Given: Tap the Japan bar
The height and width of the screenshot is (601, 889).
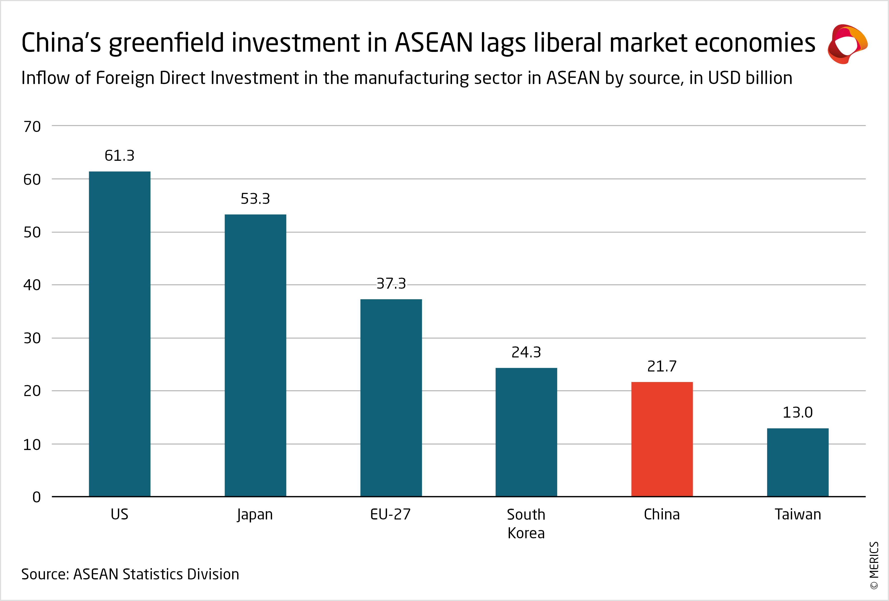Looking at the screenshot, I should click(255, 355).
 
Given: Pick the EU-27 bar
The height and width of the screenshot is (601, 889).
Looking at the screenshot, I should click(391, 398).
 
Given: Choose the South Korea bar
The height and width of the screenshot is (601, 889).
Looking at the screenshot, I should click(526, 432).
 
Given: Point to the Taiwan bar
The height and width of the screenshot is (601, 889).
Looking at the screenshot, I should click(798, 462).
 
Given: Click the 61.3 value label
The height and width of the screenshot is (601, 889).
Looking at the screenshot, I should click(119, 156).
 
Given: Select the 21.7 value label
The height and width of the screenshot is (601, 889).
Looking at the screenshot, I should click(662, 366).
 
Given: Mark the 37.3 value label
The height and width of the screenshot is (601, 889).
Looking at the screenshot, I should click(391, 283).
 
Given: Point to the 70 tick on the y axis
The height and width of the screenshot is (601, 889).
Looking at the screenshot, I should click(32, 127).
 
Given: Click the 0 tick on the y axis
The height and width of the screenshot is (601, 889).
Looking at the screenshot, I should click(36, 497).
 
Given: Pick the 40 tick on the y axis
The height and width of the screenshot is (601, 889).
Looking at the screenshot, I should click(32, 285).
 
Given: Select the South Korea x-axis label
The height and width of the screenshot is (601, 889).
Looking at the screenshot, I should click(526, 523).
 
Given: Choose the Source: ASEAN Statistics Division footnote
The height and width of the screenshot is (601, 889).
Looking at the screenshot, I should click(130, 574).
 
